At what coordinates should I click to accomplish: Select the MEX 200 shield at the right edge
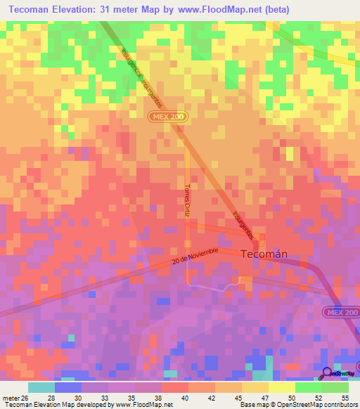coord(341,312)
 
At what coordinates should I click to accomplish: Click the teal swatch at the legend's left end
coord(41,387)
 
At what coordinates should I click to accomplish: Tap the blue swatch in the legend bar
coord(68,387)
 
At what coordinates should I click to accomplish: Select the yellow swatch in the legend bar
coord(282,387)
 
